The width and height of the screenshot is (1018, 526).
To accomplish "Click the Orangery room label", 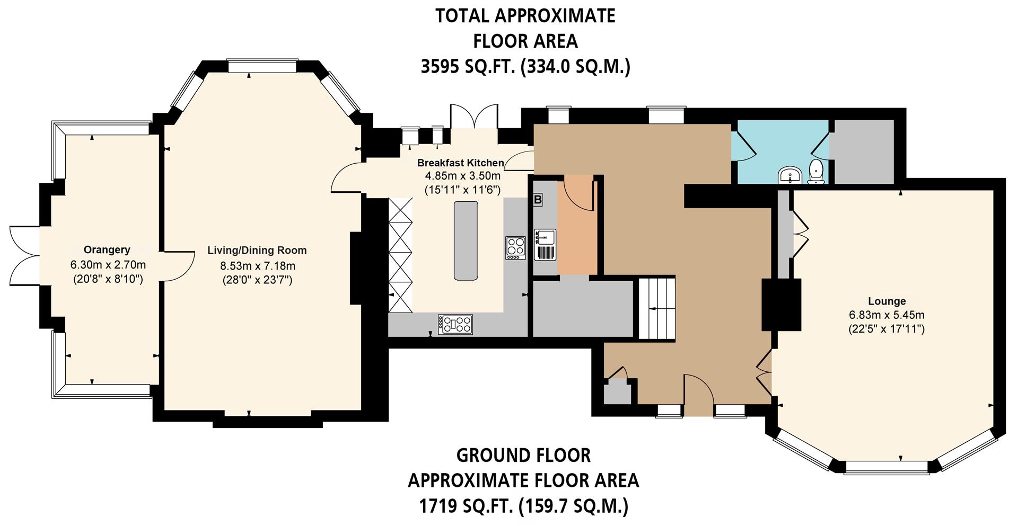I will [107, 250].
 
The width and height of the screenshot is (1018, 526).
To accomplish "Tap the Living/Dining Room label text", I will [257, 251].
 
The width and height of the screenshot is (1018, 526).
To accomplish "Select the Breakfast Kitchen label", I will [460, 163].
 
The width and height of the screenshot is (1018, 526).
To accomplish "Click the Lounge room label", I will [887, 301].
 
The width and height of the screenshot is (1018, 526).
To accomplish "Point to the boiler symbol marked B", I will [538, 200].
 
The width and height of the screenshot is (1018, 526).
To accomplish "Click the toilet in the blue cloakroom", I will [817, 172].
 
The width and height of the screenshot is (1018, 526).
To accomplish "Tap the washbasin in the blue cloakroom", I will [790, 175].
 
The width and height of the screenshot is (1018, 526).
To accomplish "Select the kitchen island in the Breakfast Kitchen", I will [466, 240].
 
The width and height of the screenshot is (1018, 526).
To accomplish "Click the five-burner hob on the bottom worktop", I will [455, 324].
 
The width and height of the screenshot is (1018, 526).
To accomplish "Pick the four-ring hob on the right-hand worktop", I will [515, 247].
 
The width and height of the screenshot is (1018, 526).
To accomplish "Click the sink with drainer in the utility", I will [545, 244].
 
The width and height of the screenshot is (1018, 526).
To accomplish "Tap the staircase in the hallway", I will [656, 309].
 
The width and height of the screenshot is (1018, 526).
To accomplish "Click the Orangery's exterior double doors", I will [24, 256].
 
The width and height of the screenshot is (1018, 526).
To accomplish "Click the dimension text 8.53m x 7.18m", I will [258, 266].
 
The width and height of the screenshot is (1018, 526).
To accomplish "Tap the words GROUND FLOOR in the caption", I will [523, 456].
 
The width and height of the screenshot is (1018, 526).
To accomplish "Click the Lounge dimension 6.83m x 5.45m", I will [887, 315].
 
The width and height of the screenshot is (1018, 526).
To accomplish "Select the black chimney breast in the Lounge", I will [780, 305].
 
